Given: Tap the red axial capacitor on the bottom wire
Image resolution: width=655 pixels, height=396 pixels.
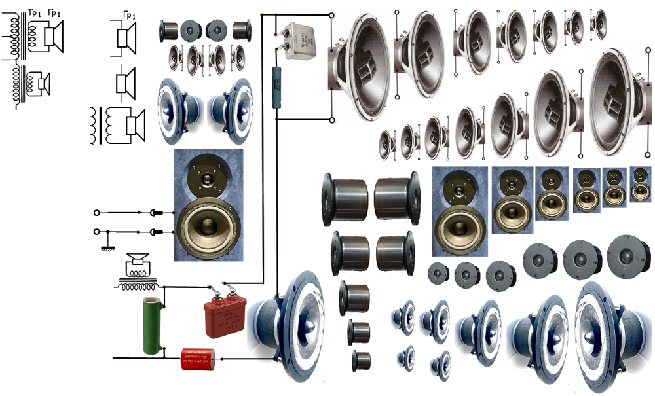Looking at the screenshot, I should [x=200, y=359].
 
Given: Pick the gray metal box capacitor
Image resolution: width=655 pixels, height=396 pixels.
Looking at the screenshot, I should [x=301, y=37].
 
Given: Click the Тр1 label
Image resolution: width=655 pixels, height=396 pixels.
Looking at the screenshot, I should [x=34, y=11].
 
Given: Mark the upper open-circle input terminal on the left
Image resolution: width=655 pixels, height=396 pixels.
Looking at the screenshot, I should [x=98, y=212].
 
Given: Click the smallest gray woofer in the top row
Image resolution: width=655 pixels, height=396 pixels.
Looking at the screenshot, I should [x=599, y=24].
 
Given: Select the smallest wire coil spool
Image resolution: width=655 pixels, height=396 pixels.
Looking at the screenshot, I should [x=361, y=360].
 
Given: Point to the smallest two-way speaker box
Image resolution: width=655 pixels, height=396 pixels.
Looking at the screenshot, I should [x=641, y=184].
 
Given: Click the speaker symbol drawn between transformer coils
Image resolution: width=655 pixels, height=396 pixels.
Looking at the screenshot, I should [x=43, y=83].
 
